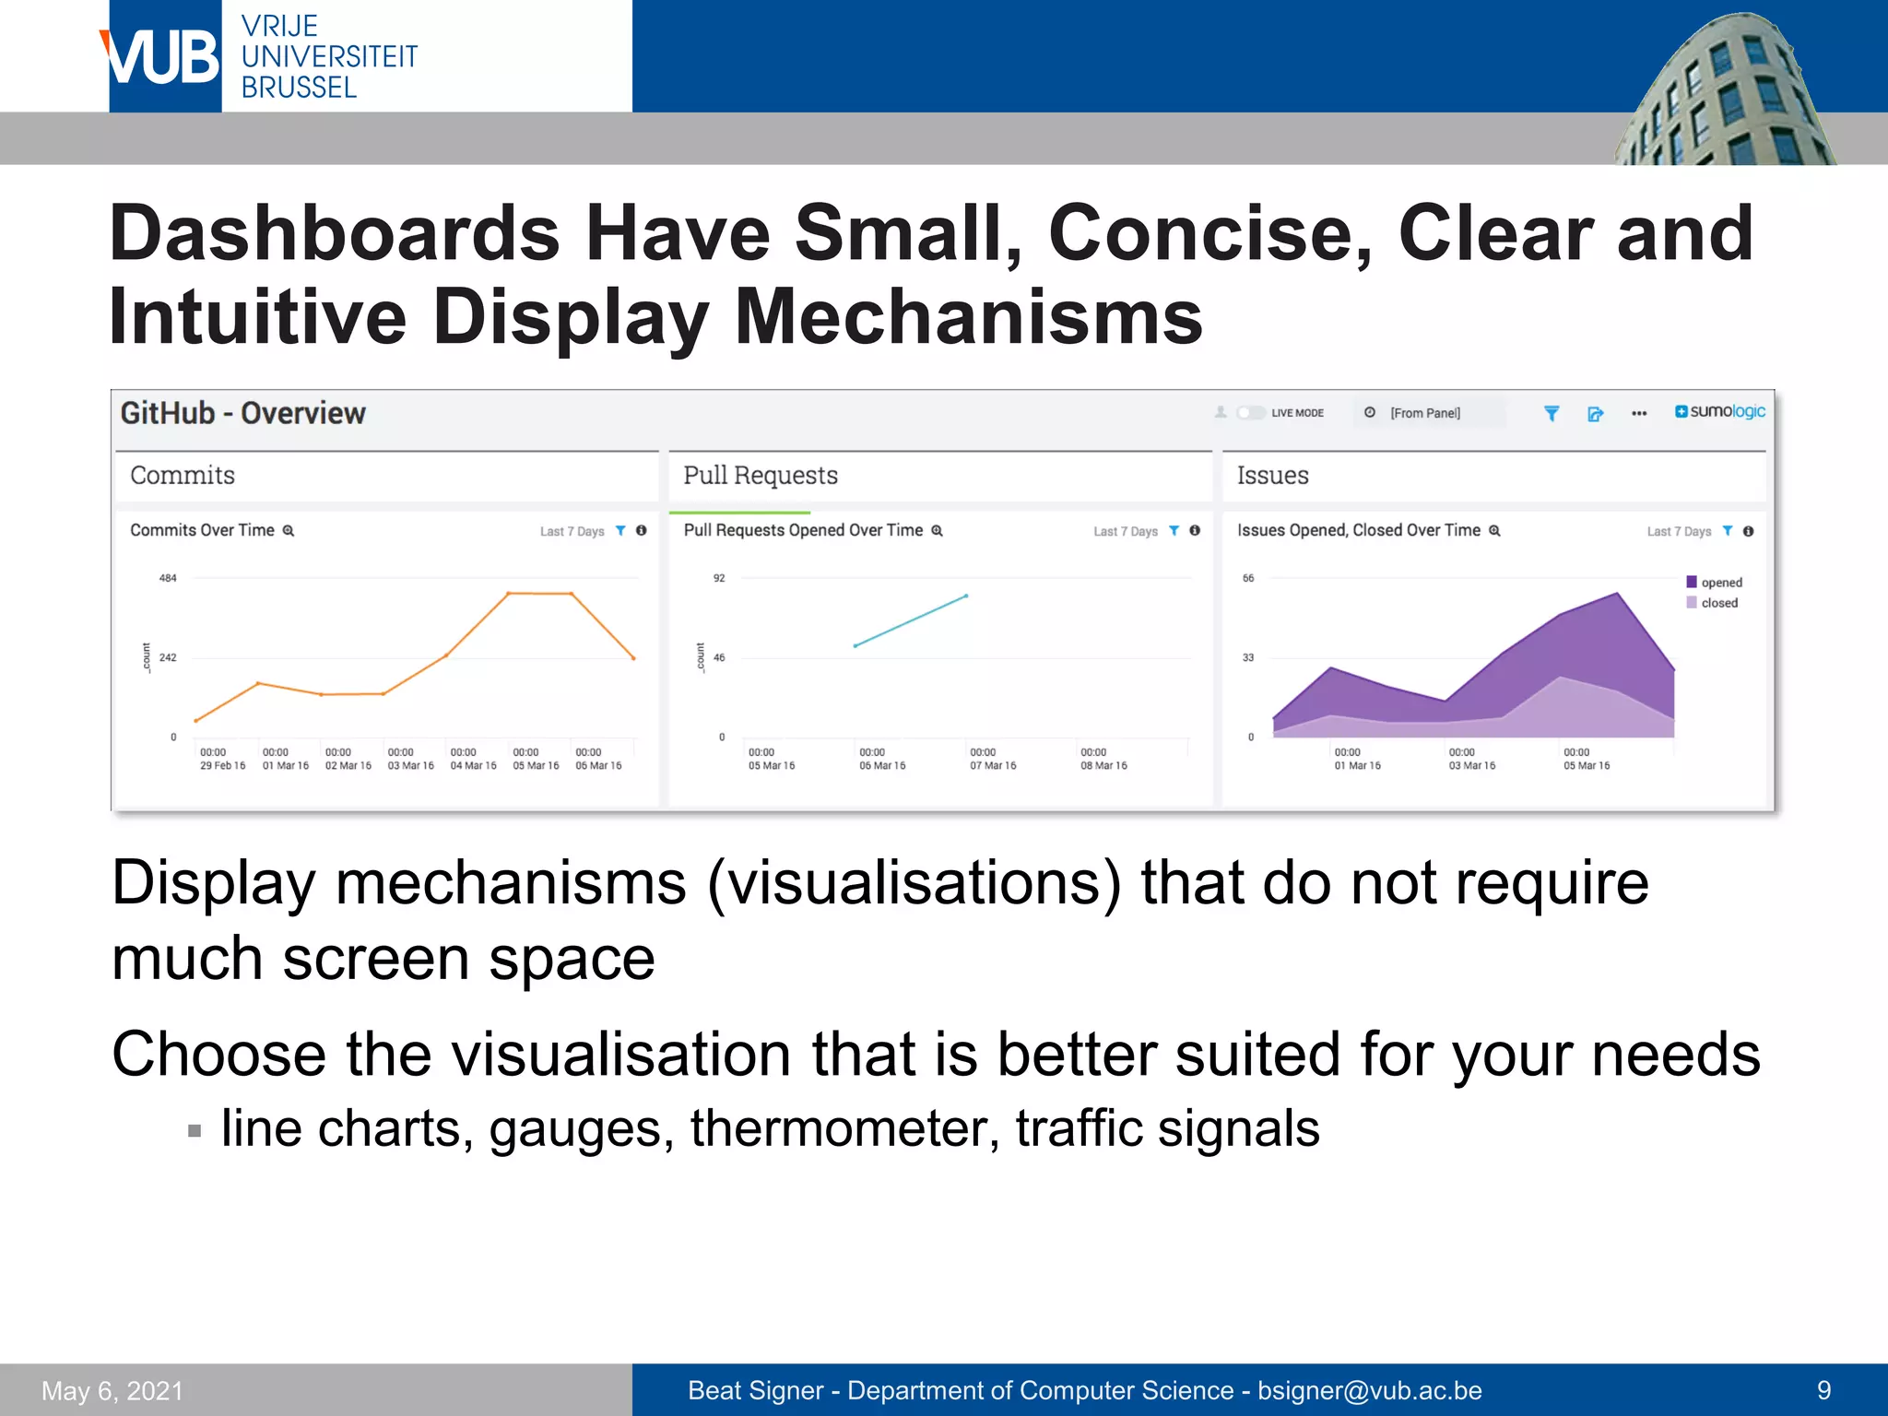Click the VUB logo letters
(164, 57)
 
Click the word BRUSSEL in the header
(299, 88)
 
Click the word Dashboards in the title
(335, 233)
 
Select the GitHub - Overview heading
(242, 413)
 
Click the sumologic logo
(1720, 411)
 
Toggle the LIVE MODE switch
(1250, 413)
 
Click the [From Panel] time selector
(1424, 413)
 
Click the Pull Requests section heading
(760, 476)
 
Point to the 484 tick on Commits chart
(168, 578)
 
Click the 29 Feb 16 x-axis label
(222, 765)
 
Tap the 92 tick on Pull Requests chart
(719, 578)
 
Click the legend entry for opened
(1720, 583)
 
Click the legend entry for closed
(1718, 603)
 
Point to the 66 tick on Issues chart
(1248, 578)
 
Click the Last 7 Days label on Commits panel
(572, 531)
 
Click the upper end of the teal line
(966, 596)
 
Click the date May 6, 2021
(112, 1390)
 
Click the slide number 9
(1823, 1390)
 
